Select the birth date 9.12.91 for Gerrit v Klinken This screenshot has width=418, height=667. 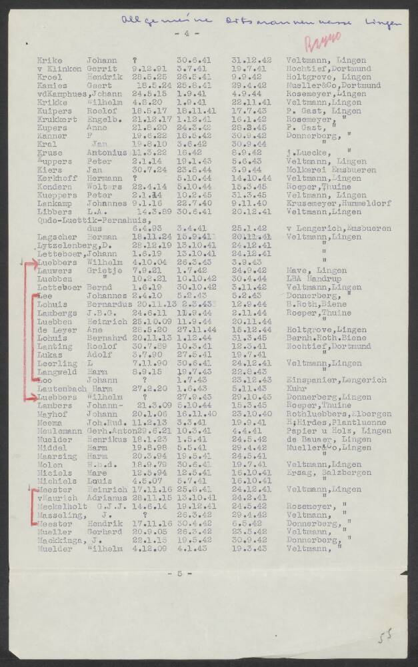147,67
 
